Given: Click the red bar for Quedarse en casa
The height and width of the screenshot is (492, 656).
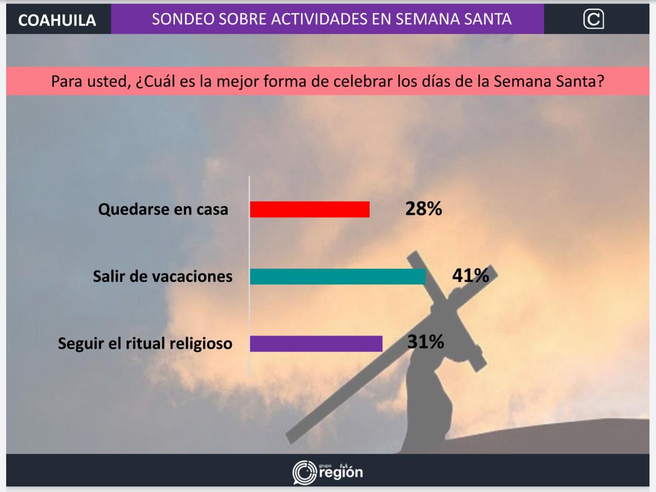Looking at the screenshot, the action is [x=310, y=209].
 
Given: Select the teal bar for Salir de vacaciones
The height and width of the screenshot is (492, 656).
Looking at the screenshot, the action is [x=338, y=277].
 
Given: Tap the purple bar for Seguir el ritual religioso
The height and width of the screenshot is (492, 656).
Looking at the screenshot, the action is [x=316, y=344].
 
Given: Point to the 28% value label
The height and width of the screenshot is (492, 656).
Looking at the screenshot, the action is [x=423, y=208].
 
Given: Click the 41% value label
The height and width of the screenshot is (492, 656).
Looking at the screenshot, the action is [x=470, y=275].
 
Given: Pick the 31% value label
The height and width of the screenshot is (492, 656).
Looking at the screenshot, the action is [x=425, y=342].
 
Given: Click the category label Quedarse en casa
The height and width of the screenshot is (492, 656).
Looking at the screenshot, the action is [x=163, y=209].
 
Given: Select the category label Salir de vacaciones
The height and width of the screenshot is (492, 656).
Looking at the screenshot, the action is [x=162, y=277].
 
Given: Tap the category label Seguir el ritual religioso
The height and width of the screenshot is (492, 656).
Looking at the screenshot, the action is [x=145, y=344].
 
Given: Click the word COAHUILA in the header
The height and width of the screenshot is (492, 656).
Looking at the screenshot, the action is [x=57, y=21].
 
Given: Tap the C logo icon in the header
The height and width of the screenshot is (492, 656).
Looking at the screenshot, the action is [x=593, y=19].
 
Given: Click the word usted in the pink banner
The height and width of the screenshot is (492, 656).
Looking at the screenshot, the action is [x=109, y=82].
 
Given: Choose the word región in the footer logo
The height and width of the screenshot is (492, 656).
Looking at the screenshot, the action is [x=341, y=473].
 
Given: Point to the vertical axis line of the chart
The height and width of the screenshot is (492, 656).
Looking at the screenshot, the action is [x=249, y=276].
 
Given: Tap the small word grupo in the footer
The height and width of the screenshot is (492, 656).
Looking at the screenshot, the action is [x=325, y=466].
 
